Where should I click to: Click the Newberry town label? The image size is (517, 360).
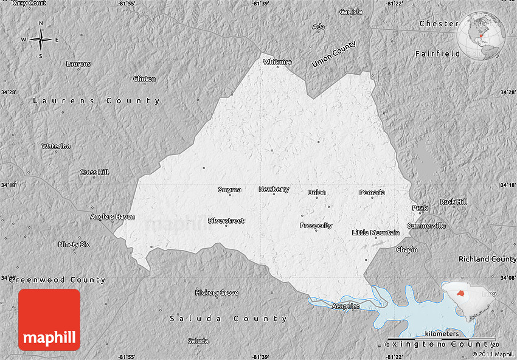[x=274, y=189]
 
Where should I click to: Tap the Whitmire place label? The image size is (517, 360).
[x=277, y=62]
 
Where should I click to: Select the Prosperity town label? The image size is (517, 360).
[x=316, y=226]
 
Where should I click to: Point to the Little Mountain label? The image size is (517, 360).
[x=376, y=233]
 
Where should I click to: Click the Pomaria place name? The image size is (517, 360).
[x=372, y=193]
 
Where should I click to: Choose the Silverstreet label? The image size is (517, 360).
[x=226, y=221]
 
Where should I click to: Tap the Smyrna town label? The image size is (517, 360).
[x=229, y=190]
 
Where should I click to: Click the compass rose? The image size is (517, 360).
[x=41, y=40]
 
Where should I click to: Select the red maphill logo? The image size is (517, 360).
[x=49, y=320]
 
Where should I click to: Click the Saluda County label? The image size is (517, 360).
[x=228, y=319]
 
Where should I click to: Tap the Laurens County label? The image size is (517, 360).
[x=96, y=101]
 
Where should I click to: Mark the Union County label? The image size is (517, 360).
[x=334, y=54]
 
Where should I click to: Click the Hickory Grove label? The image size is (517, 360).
[x=217, y=293]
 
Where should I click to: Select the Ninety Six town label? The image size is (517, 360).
[x=74, y=244]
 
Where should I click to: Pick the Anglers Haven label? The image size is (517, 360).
[x=113, y=216]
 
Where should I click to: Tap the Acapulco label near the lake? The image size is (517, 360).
[x=346, y=306]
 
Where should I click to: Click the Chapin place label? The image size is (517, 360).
[x=407, y=250]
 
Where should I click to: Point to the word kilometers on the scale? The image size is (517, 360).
[x=442, y=334]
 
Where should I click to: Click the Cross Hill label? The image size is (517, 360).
[x=94, y=172]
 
